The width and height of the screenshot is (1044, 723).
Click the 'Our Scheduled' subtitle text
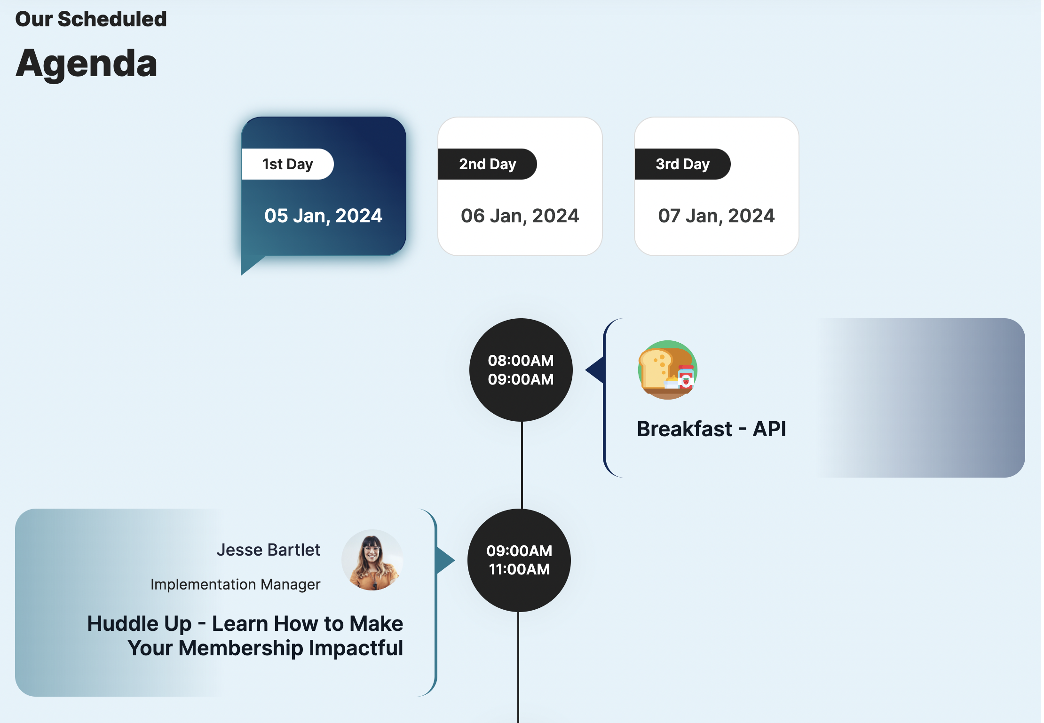tap(91, 19)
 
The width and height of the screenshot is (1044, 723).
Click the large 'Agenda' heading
tap(87, 64)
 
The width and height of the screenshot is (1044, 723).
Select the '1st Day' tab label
tap(287, 164)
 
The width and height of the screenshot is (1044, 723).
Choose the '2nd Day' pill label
tap(488, 164)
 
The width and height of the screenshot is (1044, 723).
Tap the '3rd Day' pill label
tap(683, 164)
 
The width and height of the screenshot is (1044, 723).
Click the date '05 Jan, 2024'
tap(324, 216)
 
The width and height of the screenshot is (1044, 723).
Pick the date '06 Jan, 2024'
tap(520, 216)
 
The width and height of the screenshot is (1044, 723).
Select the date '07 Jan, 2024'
tap(716, 216)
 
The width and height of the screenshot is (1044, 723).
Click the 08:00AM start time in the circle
tap(521, 361)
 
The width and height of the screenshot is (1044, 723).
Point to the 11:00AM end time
tap(519, 569)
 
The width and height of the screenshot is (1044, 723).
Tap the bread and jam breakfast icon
tap(667, 370)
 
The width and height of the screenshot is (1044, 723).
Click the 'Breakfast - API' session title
tap(712, 429)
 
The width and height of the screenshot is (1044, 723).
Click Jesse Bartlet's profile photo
tap(372, 560)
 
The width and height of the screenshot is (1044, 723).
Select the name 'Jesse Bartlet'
tap(269, 550)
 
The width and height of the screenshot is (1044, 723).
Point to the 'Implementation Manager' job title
tap(235, 584)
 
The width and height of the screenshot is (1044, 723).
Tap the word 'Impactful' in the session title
tap(356, 648)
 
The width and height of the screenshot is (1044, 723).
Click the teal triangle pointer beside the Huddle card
tap(445, 560)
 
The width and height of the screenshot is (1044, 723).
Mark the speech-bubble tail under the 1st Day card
tap(250, 265)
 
